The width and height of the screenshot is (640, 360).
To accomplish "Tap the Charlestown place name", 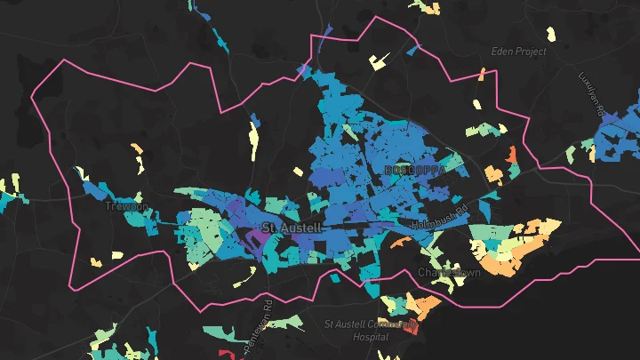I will coord(449,272).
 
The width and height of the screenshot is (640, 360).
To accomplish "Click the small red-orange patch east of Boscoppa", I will coord(512,155).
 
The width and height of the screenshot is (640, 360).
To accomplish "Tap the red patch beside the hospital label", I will coord(412,329).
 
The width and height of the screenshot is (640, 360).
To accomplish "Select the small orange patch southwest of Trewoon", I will coord(117,256).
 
